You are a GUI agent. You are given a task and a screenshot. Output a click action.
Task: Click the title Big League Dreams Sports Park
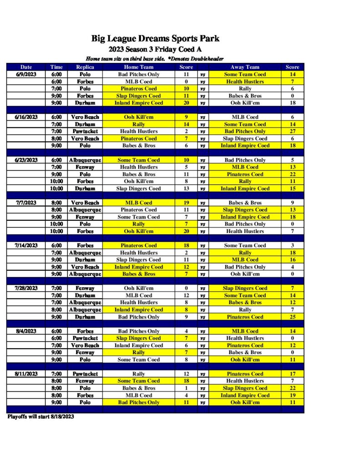point(155,39)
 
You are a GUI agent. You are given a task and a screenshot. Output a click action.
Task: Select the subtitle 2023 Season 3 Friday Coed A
point(155,49)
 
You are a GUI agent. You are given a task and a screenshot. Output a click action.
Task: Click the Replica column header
point(85,67)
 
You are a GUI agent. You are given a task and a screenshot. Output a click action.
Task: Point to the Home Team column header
point(139,67)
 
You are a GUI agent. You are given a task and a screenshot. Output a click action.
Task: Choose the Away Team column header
point(245,67)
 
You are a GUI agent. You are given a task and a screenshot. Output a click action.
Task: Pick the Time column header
point(56,67)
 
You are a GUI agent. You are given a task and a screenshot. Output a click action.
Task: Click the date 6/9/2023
point(26,74)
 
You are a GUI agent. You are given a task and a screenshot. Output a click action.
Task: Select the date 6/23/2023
point(26,160)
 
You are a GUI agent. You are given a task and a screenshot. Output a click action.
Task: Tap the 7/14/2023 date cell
point(26,245)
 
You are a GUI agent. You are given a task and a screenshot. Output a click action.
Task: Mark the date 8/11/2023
point(26,374)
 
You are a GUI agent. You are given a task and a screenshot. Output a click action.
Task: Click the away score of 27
point(292,132)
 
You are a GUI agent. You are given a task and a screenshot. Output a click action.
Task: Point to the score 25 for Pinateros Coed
point(292,317)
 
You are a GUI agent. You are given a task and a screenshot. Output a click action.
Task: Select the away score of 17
point(292,374)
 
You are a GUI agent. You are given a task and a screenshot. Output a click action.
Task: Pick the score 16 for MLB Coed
point(292,260)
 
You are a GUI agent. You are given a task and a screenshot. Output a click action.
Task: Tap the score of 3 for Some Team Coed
point(292,245)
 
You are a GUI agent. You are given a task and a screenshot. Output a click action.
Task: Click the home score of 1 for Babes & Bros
point(186,388)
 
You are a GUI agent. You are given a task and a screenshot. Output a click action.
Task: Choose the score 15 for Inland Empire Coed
point(292,188)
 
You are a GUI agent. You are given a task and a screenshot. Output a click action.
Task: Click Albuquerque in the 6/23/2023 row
point(85,160)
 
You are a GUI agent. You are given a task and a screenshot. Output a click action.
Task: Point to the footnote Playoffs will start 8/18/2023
point(41,416)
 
